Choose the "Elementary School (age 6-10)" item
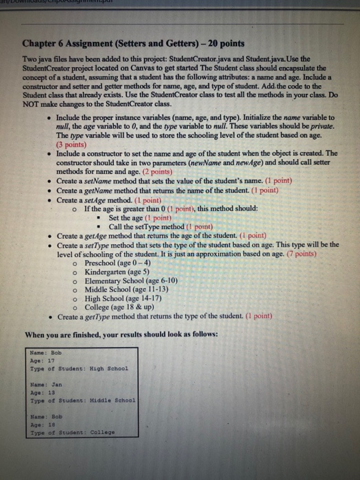[131, 280]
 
